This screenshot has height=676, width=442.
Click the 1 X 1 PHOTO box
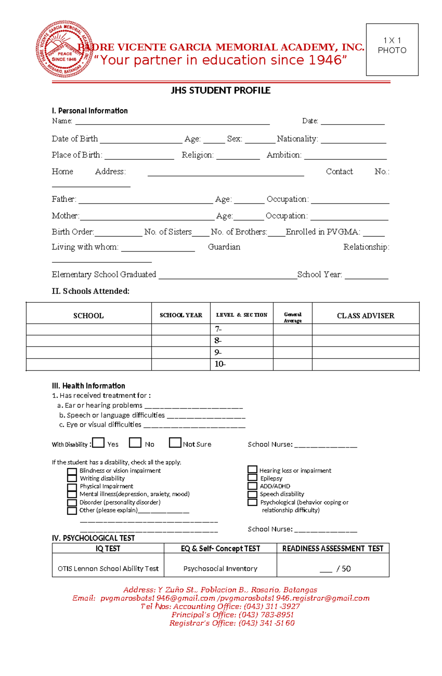[392, 49]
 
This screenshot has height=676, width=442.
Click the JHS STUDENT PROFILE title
[220, 91]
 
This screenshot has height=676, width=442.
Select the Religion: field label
[197, 155]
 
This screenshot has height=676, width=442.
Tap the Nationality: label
[297, 139]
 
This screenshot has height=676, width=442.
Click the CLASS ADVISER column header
[365, 316]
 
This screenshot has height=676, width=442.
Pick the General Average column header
[292, 317]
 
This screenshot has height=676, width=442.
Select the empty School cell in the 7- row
[88, 329]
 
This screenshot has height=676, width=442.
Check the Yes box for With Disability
[98, 442]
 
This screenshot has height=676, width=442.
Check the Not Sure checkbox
[175, 442]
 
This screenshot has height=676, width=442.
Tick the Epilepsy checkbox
[252, 477]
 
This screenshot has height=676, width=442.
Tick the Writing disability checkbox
[72, 478]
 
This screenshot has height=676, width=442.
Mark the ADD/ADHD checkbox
[252, 486]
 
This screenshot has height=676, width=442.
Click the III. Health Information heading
[88, 386]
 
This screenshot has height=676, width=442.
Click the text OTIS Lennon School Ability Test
[108, 568]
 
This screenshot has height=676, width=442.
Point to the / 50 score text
[343, 568]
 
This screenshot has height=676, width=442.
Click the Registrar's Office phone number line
[232, 623]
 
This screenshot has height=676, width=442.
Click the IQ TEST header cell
[108, 549]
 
